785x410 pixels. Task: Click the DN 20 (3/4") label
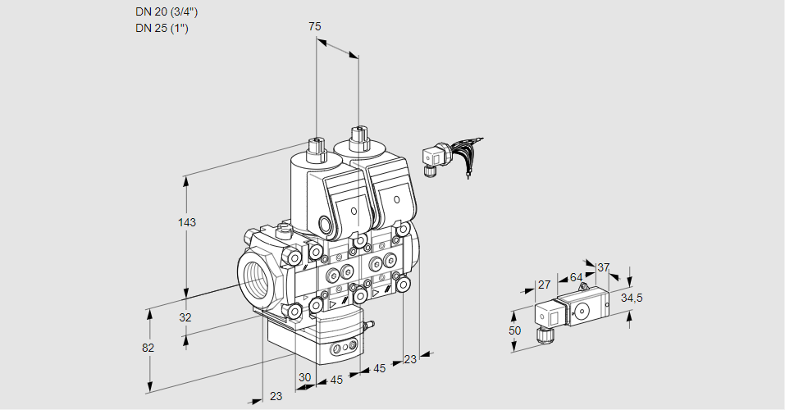[167, 12]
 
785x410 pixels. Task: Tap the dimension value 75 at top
[314, 27]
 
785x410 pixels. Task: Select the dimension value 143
[188, 222]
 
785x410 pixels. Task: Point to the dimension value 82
[148, 348]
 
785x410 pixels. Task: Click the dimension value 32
[185, 317]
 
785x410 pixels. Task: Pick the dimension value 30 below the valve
[305, 377]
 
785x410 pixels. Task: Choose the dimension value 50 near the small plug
[514, 330]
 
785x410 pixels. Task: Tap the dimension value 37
[603, 267]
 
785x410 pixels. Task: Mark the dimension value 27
[543, 285]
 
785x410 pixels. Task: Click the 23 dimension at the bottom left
[276, 395]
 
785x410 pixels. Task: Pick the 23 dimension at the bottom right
[410, 358]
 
